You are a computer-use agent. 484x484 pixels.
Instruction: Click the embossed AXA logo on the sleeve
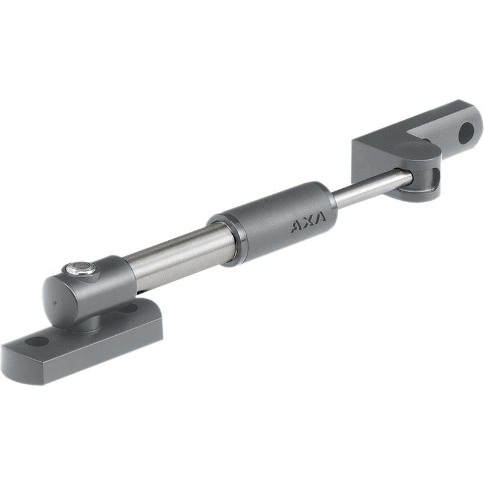(308, 221)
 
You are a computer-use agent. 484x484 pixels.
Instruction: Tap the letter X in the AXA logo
(308, 221)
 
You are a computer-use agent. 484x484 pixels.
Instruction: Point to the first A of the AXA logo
(296, 227)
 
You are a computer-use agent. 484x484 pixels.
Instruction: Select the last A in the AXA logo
(320, 217)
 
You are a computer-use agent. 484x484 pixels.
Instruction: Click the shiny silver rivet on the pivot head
(80, 268)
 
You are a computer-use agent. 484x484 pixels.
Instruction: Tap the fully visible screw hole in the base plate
(36, 342)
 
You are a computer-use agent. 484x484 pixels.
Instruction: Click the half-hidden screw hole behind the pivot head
(129, 307)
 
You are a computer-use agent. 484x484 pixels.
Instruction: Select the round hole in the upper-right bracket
(466, 133)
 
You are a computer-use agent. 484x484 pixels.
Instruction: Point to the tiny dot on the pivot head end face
(55, 303)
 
